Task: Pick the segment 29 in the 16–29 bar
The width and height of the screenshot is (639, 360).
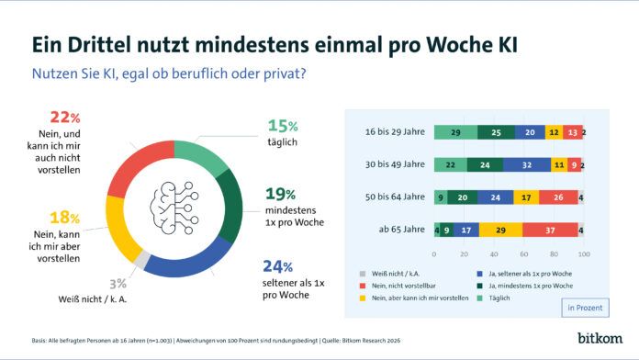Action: tap(455, 133)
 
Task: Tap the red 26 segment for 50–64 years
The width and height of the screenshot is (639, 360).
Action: tap(559, 197)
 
